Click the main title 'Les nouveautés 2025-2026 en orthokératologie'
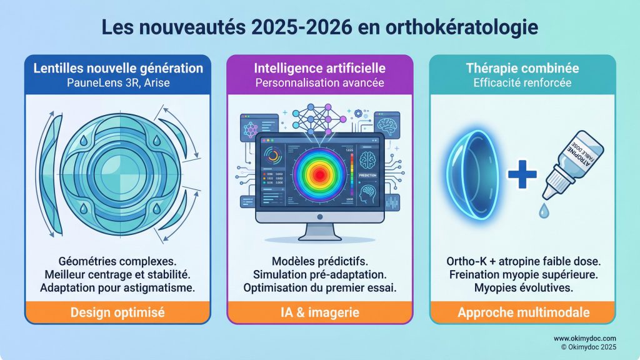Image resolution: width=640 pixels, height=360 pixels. pyautogui.click(x=319, y=29)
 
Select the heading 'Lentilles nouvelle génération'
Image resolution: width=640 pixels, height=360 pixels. pyautogui.click(x=118, y=67)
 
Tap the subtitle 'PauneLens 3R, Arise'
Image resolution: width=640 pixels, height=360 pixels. pyautogui.click(x=118, y=82)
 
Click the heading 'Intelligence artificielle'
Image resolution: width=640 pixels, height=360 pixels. pyautogui.click(x=320, y=67)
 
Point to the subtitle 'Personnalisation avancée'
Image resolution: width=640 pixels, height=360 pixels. pyautogui.click(x=320, y=82)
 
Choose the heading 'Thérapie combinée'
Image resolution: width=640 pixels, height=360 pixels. pyautogui.click(x=522, y=67)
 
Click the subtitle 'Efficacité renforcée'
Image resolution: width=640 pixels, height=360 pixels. pyautogui.click(x=522, y=82)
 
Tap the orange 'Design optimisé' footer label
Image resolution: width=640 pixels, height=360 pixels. pyautogui.click(x=118, y=312)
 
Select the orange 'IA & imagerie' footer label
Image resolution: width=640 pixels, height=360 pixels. pyautogui.click(x=320, y=312)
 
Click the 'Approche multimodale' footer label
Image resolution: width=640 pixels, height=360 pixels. pyautogui.click(x=522, y=312)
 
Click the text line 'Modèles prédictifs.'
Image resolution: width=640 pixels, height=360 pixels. pyautogui.click(x=320, y=261)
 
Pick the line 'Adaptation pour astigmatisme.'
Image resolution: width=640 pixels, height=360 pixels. pyautogui.click(x=118, y=288)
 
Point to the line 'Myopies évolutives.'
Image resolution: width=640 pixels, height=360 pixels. pyautogui.click(x=522, y=288)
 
